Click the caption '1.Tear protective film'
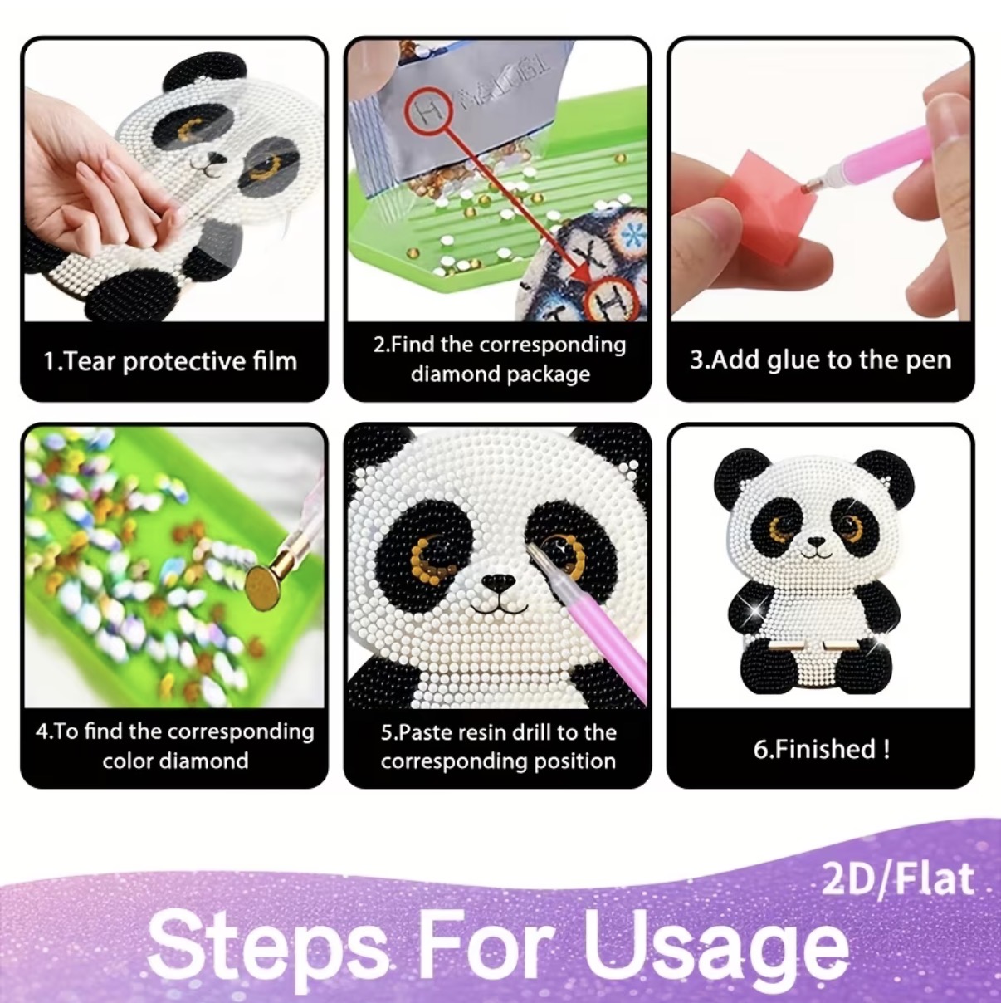pos(170,360)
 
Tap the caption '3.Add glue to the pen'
pos(820,360)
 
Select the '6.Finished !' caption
pos(821,749)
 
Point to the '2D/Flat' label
pos(897,878)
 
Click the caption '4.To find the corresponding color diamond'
pos(175,746)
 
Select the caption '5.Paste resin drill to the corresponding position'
pos(498,746)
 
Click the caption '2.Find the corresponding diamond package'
pos(499,360)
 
